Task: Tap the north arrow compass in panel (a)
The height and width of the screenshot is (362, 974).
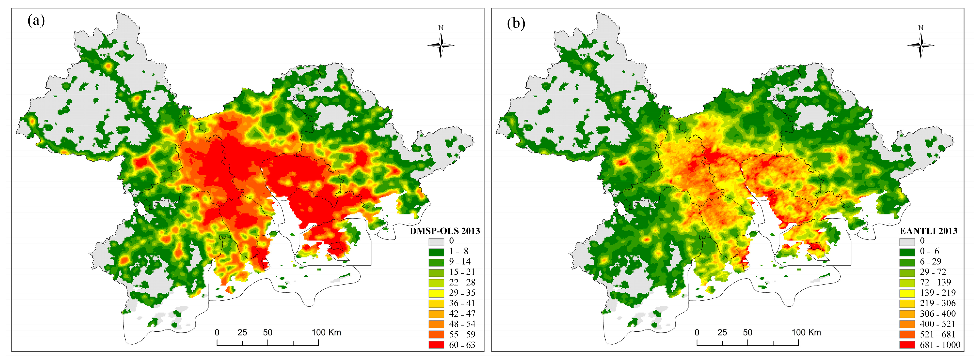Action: (441, 45)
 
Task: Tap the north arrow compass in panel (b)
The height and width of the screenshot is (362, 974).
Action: (921, 45)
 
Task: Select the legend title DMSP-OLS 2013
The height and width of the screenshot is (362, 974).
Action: (445, 231)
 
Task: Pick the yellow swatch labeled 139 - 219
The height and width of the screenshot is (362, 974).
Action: (907, 293)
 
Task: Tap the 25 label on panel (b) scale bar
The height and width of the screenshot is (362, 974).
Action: (722, 333)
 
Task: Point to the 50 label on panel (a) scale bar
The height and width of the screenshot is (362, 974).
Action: (267, 333)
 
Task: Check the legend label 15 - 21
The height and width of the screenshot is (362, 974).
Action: (462, 272)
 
